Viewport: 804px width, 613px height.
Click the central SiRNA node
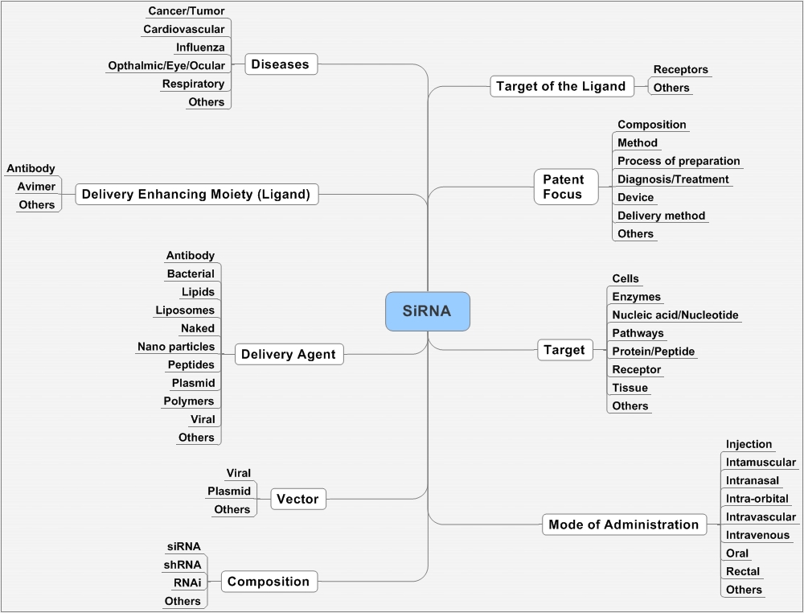(x=427, y=311)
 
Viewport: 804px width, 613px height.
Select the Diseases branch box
(x=280, y=64)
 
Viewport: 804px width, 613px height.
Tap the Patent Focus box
(x=566, y=187)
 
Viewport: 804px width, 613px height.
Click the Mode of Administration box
(x=623, y=525)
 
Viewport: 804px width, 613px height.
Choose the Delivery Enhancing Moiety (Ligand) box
(x=195, y=194)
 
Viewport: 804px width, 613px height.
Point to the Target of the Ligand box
(x=560, y=86)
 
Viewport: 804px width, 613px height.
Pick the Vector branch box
(x=297, y=499)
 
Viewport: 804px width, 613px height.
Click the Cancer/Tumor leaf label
(x=187, y=11)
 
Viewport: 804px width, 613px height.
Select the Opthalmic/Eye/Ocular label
(x=166, y=65)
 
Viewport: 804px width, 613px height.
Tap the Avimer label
(x=36, y=187)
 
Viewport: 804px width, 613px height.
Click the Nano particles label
(x=176, y=347)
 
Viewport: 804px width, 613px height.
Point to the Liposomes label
(x=185, y=310)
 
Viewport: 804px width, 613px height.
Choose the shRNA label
(x=183, y=564)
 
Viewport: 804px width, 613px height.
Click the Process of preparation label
(x=679, y=161)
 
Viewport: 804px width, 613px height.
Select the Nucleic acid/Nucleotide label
(x=675, y=315)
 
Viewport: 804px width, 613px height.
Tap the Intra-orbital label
(x=757, y=499)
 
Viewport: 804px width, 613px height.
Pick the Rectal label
(x=743, y=571)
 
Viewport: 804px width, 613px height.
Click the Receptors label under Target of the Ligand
(x=680, y=70)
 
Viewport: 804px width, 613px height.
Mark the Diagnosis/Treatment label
(x=673, y=179)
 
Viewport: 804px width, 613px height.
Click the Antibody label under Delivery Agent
(x=191, y=256)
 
